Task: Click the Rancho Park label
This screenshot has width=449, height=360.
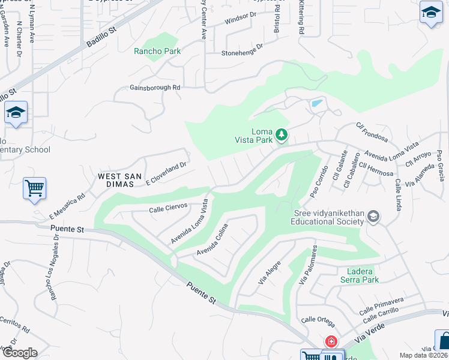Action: pyautogui.click(x=157, y=52)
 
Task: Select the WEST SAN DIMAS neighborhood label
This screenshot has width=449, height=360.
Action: pyautogui.click(x=121, y=176)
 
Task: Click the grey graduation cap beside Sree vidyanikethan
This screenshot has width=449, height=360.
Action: pyautogui.click(x=373, y=217)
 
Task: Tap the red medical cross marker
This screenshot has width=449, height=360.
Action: pyautogui.click(x=330, y=341)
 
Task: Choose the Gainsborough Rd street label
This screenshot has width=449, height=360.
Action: pyautogui.click(x=155, y=88)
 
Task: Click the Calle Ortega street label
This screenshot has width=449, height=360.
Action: pyautogui.click(x=318, y=319)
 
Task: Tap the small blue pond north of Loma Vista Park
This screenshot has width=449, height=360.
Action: pyautogui.click(x=316, y=104)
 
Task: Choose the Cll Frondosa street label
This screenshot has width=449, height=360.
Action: pyautogui.click(x=372, y=133)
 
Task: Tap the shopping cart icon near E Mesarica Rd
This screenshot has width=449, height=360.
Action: pyautogui.click(x=34, y=188)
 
